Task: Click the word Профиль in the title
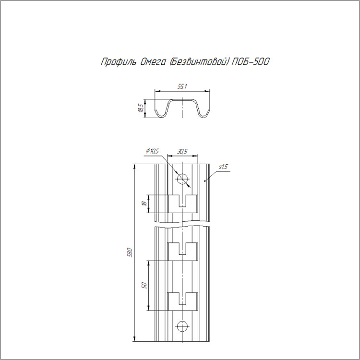click(118, 62)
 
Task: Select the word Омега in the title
click(153, 62)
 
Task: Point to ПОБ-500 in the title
click(250, 62)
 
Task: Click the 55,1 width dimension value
click(182, 86)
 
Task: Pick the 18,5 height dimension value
click(141, 108)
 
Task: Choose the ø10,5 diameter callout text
click(152, 151)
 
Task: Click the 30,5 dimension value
click(182, 151)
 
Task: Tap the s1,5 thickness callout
click(223, 167)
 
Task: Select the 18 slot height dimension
click(144, 204)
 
